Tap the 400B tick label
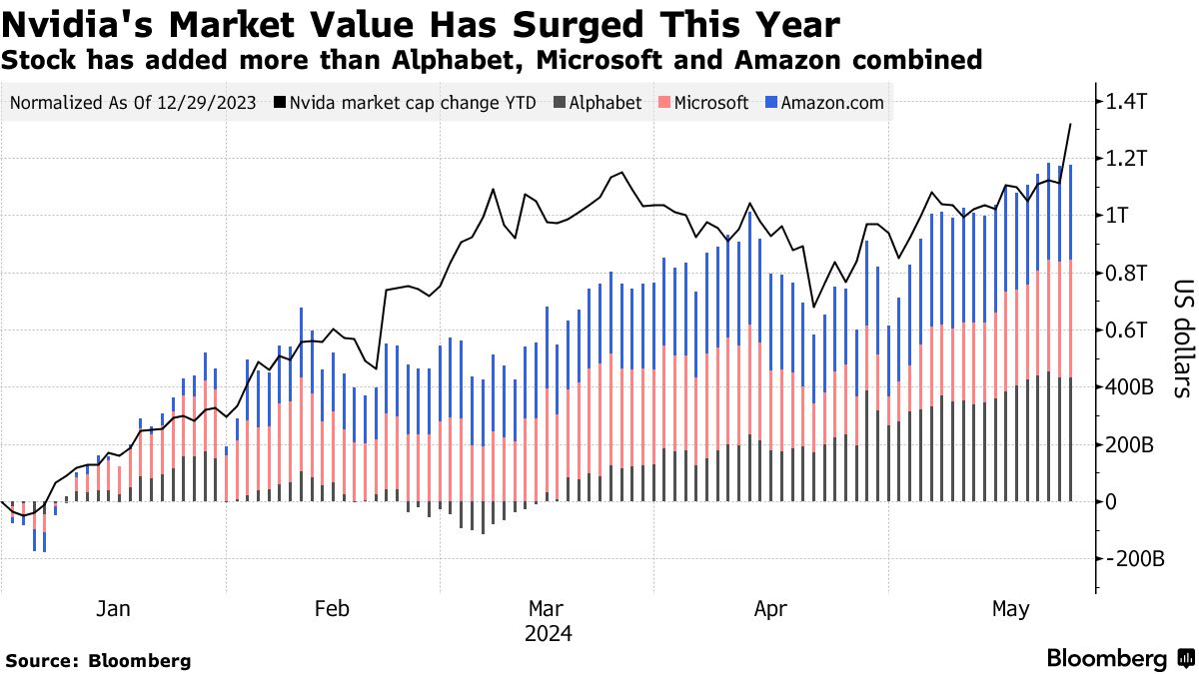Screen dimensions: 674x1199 click(1135, 386)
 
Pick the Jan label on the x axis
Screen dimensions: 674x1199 click(115, 608)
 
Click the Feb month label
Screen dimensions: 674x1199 click(332, 608)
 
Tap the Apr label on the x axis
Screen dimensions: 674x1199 click(770, 608)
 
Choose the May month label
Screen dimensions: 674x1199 click(1010, 608)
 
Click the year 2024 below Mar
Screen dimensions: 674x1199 click(550, 633)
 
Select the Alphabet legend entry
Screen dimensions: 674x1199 click(604, 102)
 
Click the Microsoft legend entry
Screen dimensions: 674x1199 click(710, 102)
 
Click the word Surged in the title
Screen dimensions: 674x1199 click(561, 24)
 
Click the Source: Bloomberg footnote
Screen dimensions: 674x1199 click(98, 660)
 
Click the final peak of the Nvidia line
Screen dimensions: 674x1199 click(1070, 124)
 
